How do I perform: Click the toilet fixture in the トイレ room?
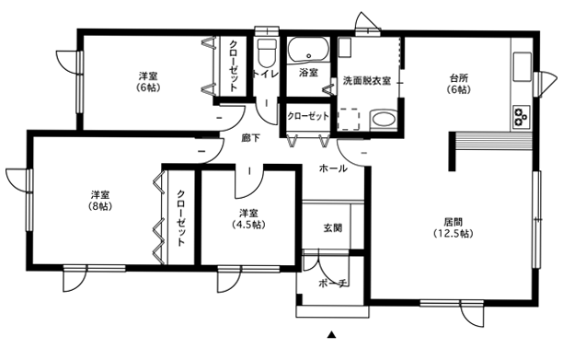[x=267, y=52]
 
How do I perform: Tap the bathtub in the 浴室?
[x=309, y=50]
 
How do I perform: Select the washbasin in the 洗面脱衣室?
[x=383, y=119]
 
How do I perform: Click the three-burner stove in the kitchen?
[x=522, y=116]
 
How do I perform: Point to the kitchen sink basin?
[x=523, y=67]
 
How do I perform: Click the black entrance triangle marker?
[x=331, y=335]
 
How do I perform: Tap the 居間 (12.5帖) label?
[x=454, y=227]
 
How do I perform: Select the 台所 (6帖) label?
[x=459, y=84]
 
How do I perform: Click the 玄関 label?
[x=333, y=227]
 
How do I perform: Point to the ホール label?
[x=333, y=168]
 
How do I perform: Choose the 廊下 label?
[x=250, y=137]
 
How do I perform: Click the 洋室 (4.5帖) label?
[x=248, y=219]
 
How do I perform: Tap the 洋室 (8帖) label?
[x=100, y=201]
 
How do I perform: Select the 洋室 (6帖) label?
[x=148, y=82]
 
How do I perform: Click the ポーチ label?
[x=333, y=284]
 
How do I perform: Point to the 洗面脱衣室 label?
[x=367, y=80]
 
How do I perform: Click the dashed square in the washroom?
[x=349, y=119]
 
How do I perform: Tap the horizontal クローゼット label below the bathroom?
[x=308, y=116]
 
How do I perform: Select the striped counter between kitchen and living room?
[x=494, y=141]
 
